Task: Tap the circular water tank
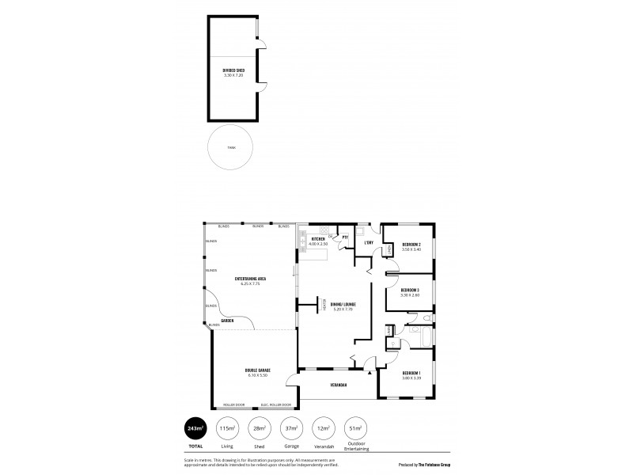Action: (230, 147)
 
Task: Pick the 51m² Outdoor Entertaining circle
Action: (354, 428)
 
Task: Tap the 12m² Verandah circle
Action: (323, 428)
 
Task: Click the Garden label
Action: (227, 321)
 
